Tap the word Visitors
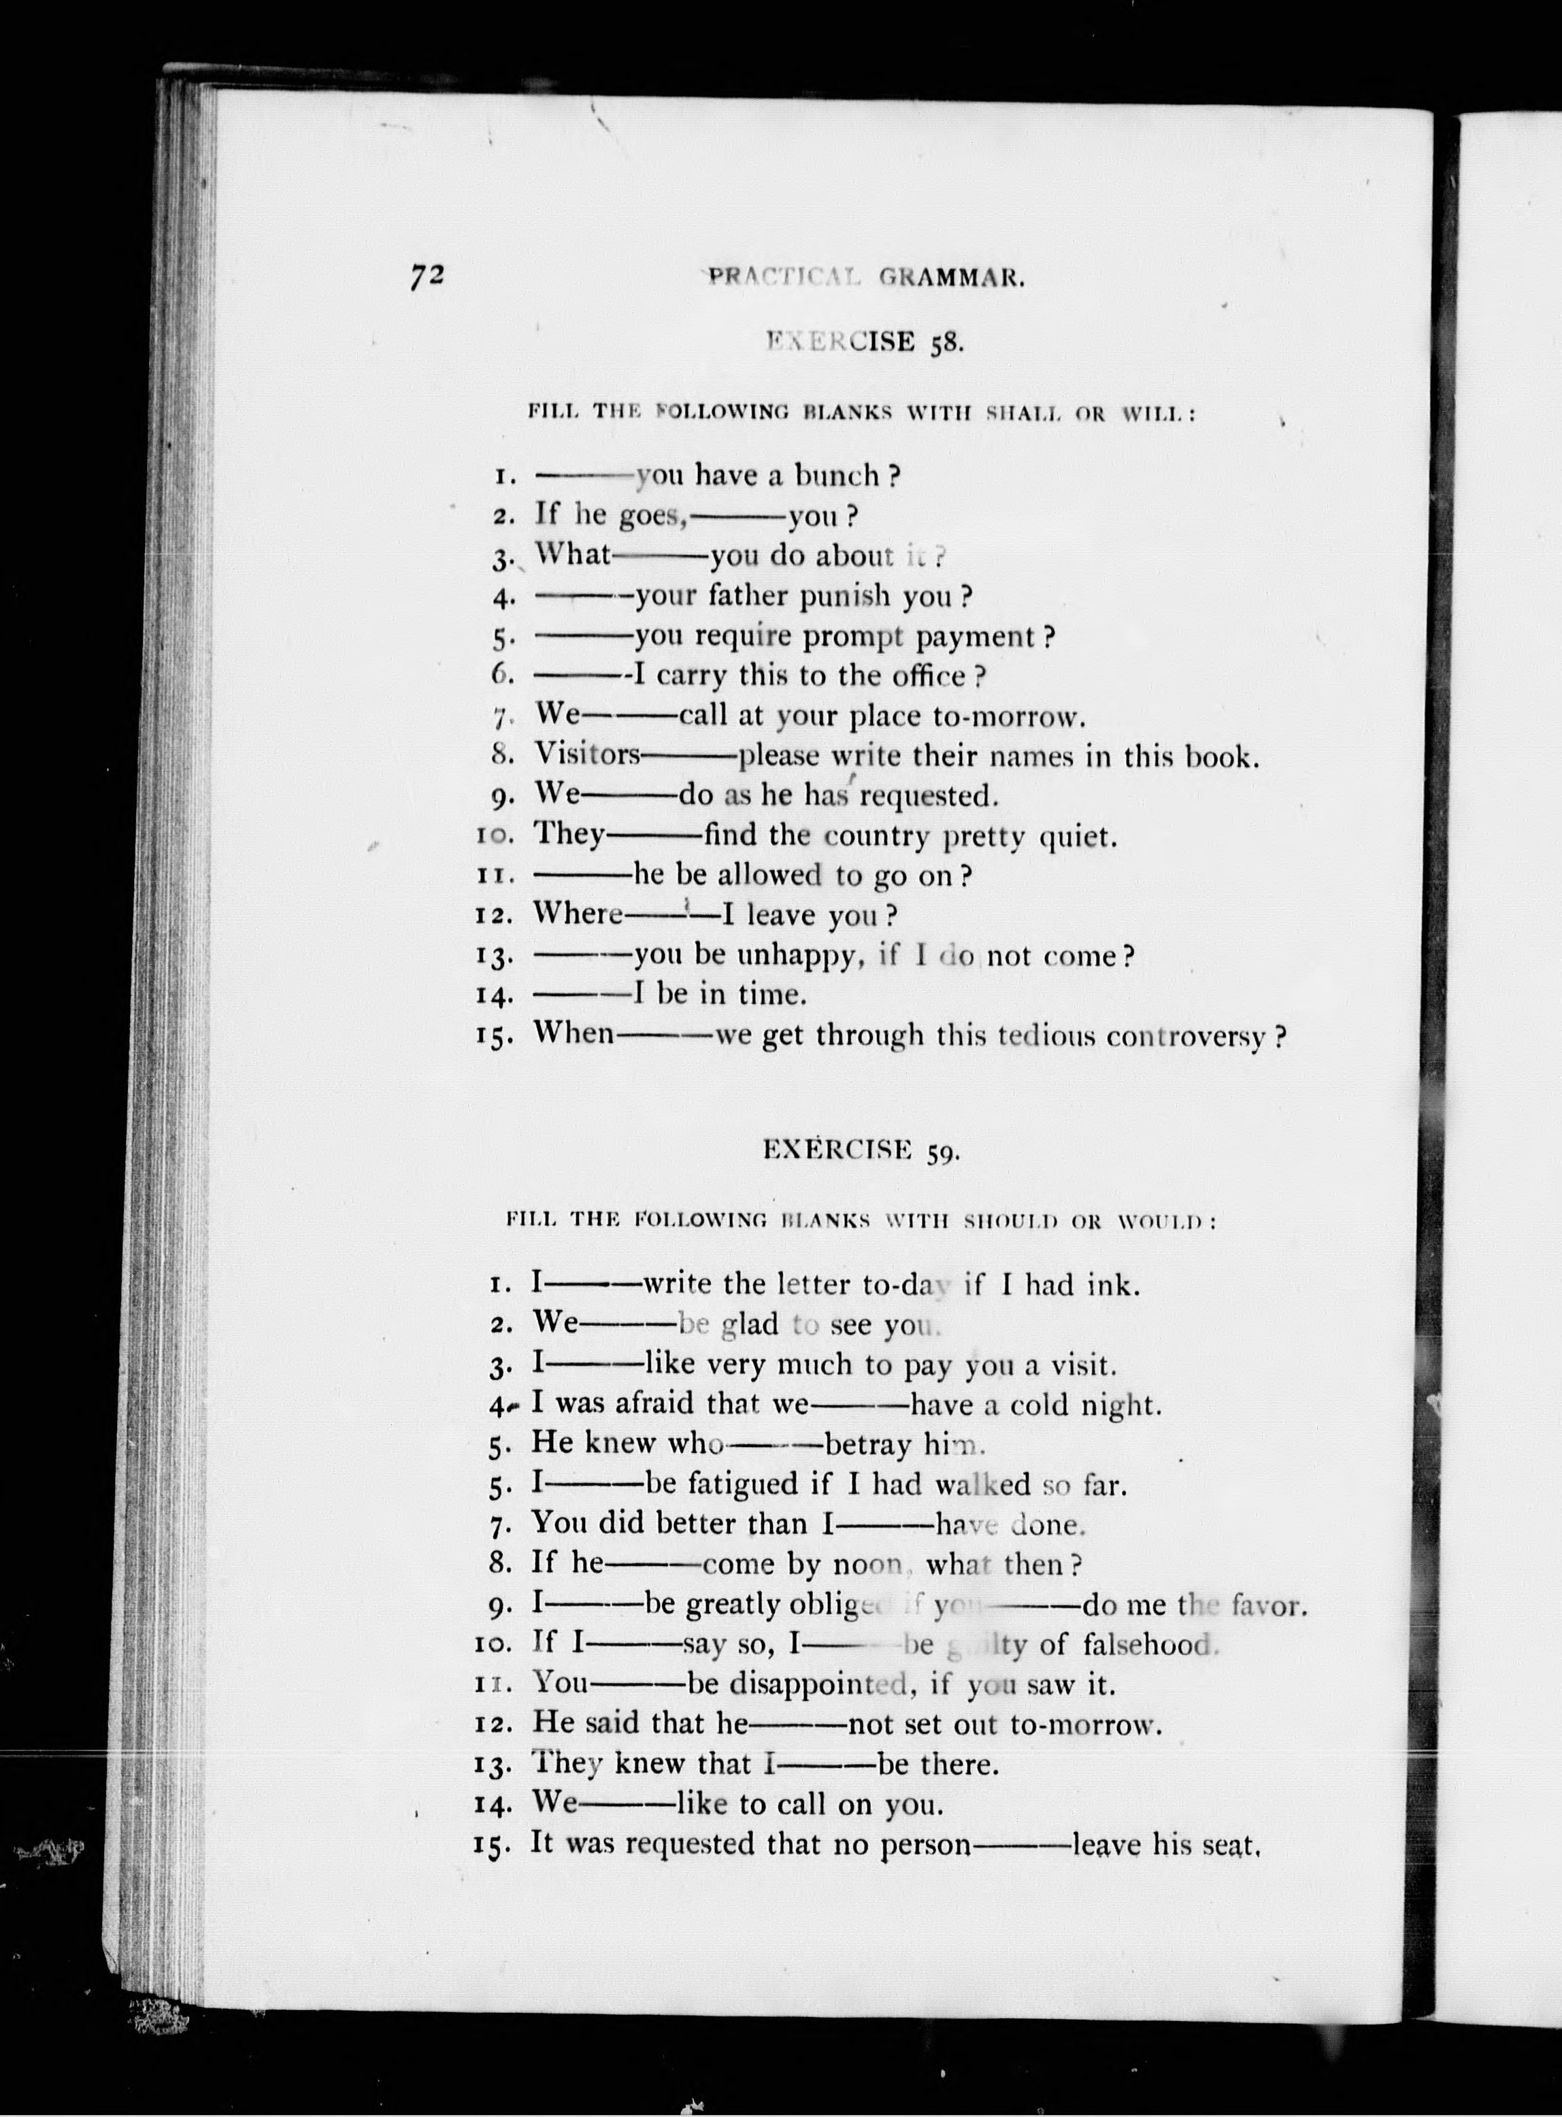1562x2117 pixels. point(587,754)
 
